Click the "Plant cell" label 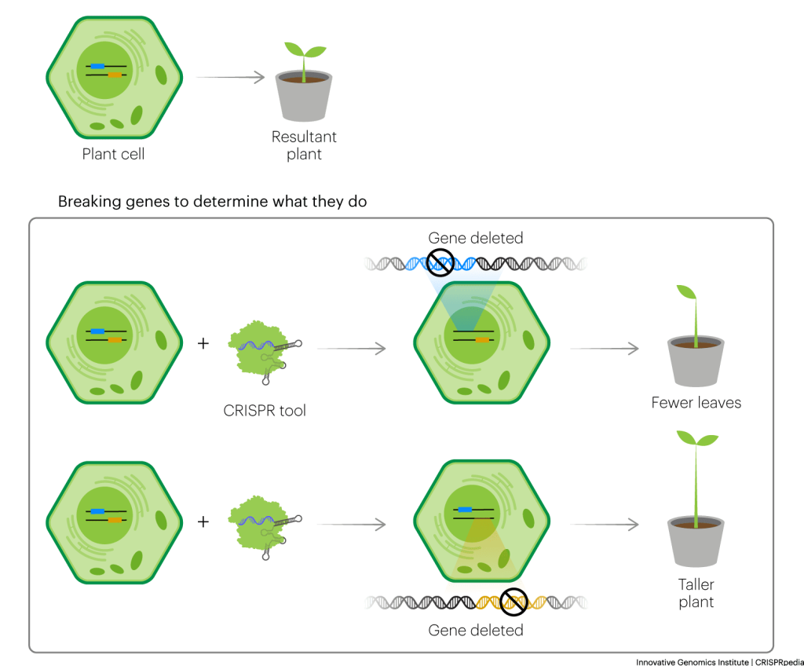pyautogui.click(x=113, y=154)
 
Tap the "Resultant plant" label pyautogui.click(x=304, y=145)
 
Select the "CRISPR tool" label pyautogui.click(x=265, y=411)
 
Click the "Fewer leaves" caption pyautogui.click(x=696, y=403)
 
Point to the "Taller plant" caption pyautogui.click(x=696, y=593)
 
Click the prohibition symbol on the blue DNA pyautogui.click(x=440, y=262)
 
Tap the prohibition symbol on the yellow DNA pyautogui.click(x=513, y=602)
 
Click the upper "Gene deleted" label pyautogui.click(x=475, y=238)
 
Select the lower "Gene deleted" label pyautogui.click(x=475, y=630)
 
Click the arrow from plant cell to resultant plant pyautogui.click(x=231, y=78)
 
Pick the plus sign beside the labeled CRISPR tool pyautogui.click(x=203, y=342)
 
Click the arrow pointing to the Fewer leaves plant pyautogui.click(x=605, y=349)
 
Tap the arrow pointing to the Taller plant pyautogui.click(x=605, y=525)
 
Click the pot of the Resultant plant pyautogui.click(x=304, y=97)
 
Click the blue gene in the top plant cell pyautogui.click(x=97, y=66)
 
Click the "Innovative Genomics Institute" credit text pyautogui.click(x=693, y=662)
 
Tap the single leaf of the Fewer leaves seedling pyautogui.click(x=686, y=292)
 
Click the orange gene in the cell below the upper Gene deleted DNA pyautogui.click(x=482, y=340)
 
